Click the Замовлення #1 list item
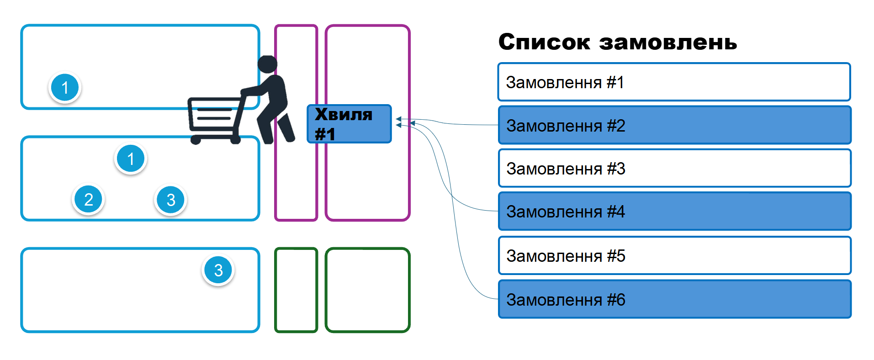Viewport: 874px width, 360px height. (x=674, y=82)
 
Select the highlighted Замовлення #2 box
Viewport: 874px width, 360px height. (x=674, y=125)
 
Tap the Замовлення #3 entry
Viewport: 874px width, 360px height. (x=674, y=169)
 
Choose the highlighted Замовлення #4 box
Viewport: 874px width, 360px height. (x=674, y=212)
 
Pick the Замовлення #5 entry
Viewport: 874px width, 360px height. (x=674, y=255)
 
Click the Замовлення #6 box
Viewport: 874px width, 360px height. (x=674, y=299)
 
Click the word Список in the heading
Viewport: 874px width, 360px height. (x=544, y=42)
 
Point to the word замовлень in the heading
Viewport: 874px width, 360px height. (x=667, y=42)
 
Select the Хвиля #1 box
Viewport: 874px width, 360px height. (x=349, y=124)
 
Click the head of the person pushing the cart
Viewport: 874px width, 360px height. (x=267, y=64)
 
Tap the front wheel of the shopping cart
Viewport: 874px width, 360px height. (x=196, y=140)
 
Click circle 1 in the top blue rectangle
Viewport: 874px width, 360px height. (x=65, y=87)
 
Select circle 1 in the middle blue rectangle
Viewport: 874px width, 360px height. (x=131, y=159)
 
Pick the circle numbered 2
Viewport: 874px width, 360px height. (x=89, y=199)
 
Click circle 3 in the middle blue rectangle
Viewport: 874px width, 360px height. (x=170, y=200)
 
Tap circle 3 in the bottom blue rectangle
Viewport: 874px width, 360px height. (x=218, y=270)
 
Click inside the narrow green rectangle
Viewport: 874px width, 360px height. (x=296, y=290)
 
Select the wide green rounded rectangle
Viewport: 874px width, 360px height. (x=367, y=290)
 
